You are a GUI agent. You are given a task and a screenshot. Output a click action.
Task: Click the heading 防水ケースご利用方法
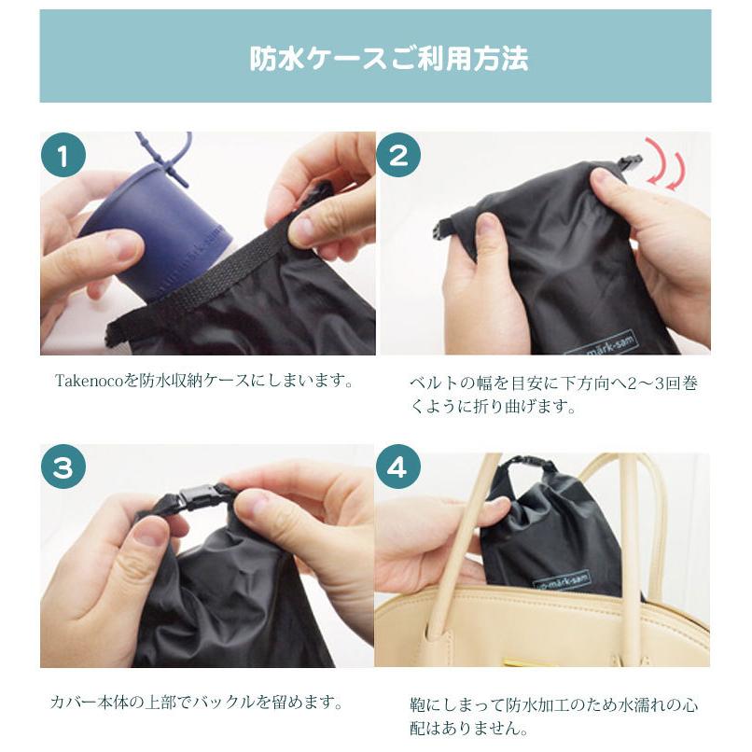point(388,58)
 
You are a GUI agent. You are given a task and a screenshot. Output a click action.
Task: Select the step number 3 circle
point(63,468)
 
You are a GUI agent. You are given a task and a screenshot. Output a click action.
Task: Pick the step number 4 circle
point(398,468)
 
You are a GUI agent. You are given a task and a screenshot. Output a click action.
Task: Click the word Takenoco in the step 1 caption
point(88,382)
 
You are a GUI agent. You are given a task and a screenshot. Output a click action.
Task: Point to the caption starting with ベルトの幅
point(552,395)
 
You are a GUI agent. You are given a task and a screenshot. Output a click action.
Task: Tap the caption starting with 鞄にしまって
point(552,716)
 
